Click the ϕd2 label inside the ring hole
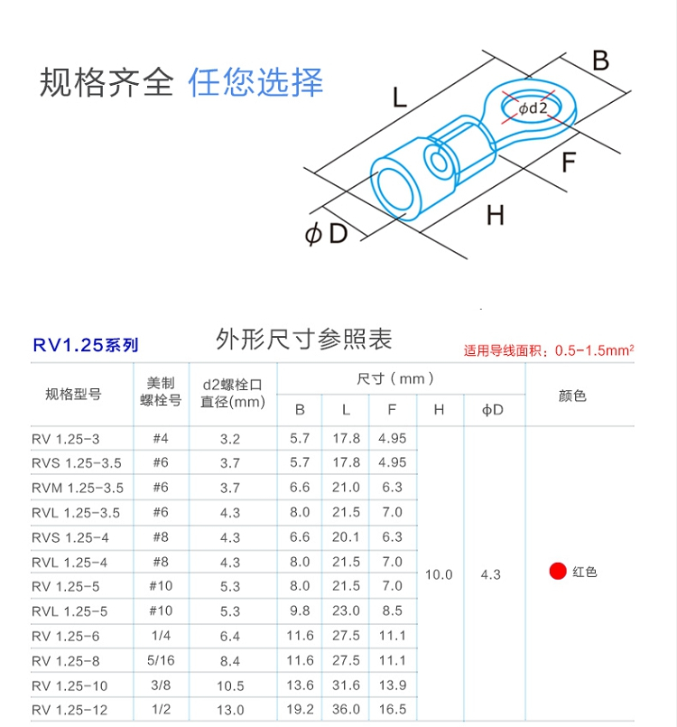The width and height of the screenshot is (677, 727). (x=533, y=108)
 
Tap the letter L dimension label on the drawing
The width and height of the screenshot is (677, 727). (x=400, y=98)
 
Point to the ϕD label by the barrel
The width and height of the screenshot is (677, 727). (x=326, y=233)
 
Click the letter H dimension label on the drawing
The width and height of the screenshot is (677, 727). (x=496, y=215)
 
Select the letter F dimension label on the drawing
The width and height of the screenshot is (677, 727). (x=569, y=163)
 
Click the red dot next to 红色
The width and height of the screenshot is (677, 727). (x=558, y=571)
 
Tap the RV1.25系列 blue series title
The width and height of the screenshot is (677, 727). (x=86, y=345)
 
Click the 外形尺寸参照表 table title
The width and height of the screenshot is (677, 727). (x=304, y=339)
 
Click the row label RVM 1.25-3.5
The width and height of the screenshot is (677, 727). (x=78, y=488)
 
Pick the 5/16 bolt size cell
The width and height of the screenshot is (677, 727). (x=161, y=660)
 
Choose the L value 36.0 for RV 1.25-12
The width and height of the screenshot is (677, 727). (x=346, y=709)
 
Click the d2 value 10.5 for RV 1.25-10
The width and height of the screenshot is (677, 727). (x=230, y=685)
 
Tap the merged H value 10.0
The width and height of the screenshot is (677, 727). (x=439, y=575)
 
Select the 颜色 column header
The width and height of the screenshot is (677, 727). (x=572, y=396)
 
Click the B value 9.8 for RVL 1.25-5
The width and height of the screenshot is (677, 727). (x=300, y=610)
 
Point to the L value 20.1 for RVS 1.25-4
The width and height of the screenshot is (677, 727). (x=346, y=537)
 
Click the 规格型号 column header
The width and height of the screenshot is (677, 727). (x=73, y=394)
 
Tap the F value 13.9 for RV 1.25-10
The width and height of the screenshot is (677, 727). (x=393, y=685)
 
